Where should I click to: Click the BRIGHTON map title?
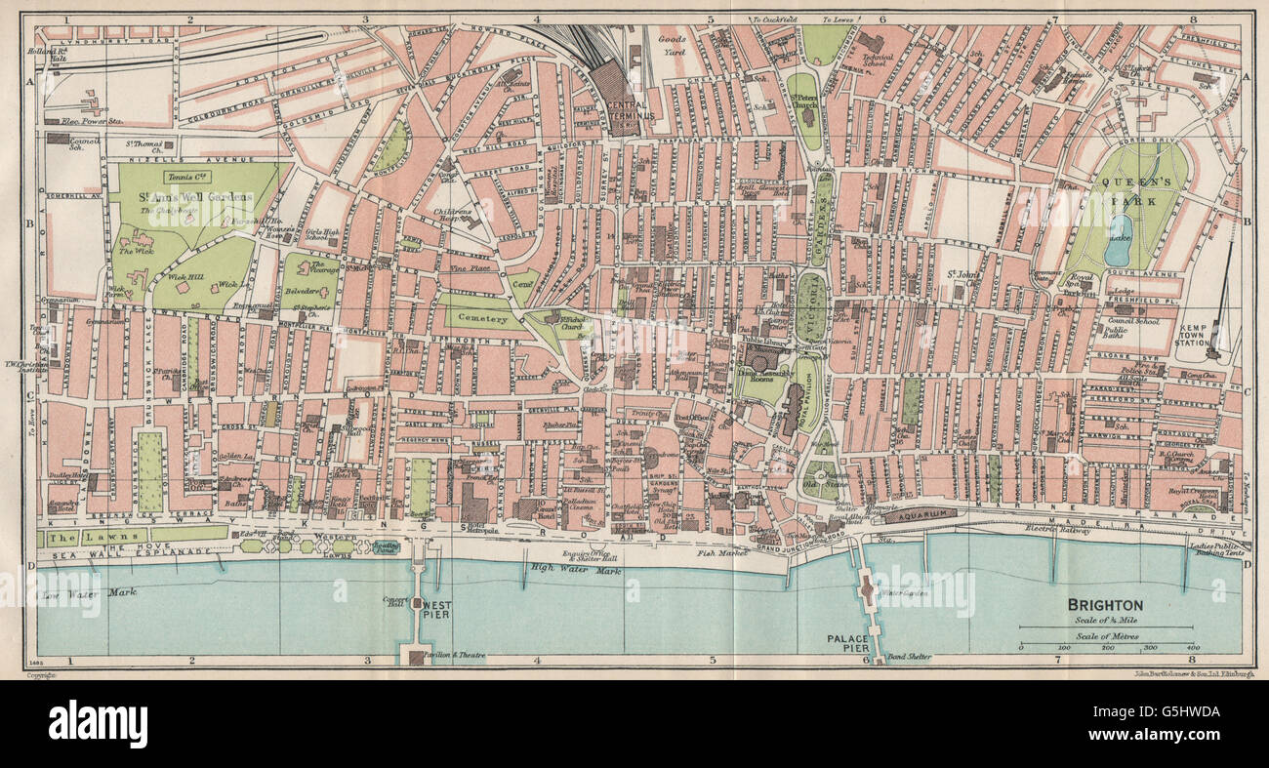(1105, 605)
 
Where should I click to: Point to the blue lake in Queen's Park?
(1118, 241)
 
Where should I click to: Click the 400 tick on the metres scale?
(1191, 647)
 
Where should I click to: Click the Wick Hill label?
(184, 278)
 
